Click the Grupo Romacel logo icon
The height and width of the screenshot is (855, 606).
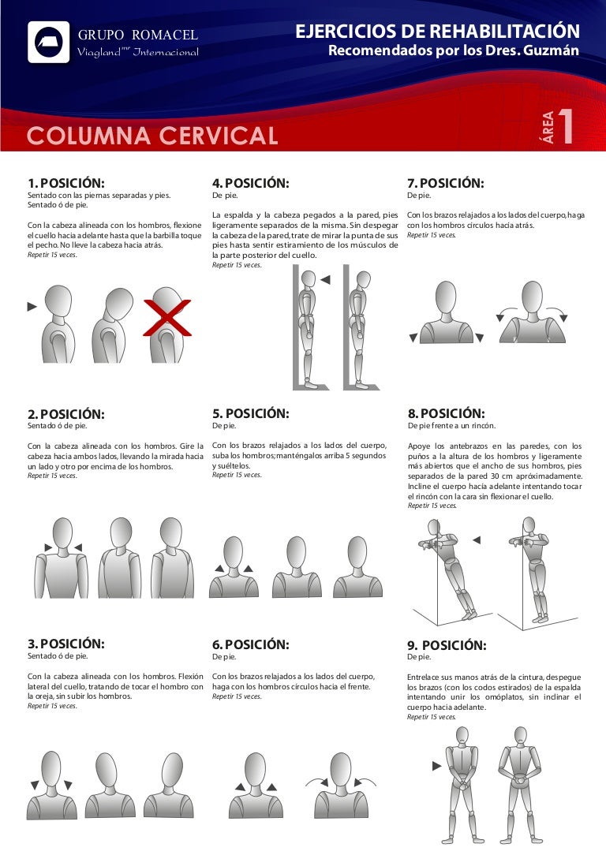pyautogui.click(x=49, y=42)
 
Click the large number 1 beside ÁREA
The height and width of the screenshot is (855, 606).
pyautogui.click(x=565, y=126)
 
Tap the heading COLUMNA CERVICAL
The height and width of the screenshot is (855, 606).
pyautogui.click(x=152, y=136)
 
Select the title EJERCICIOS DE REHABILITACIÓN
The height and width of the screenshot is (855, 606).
pyautogui.click(x=437, y=31)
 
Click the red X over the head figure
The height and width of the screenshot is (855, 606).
pyautogui.click(x=167, y=317)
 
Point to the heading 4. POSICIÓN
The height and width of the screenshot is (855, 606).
pyautogui.click(x=250, y=183)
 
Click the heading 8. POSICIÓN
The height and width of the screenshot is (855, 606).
pyautogui.click(x=446, y=413)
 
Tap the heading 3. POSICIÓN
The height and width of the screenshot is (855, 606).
pyautogui.click(x=66, y=644)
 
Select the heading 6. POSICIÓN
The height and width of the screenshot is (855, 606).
pyautogui.click(x=250, y=644)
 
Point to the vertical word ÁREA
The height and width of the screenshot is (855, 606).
pyautogui.click(x=547, y=127)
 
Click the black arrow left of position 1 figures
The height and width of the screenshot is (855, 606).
pyautogui.click(x=32, y=307)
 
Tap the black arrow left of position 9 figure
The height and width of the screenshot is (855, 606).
pyautogui.click(x=436, y=766)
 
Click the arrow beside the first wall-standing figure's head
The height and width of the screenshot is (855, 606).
pyautogui.click(x=325, y=280)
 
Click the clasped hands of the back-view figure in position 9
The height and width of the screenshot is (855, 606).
pyautogui.click(x=520, y=780)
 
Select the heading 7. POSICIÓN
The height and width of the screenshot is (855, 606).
pyautogui.click(x=446, y=183)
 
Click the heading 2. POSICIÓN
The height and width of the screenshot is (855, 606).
pyautogui.click(x=66, y=414)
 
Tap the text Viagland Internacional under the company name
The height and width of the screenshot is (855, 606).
pyautogui.click(x=137, y=52)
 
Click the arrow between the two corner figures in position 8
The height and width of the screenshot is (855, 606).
pyautogui.click(x=477, y=540)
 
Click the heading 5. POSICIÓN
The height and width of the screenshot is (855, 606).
pyautogui.click(x=250, y=413)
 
